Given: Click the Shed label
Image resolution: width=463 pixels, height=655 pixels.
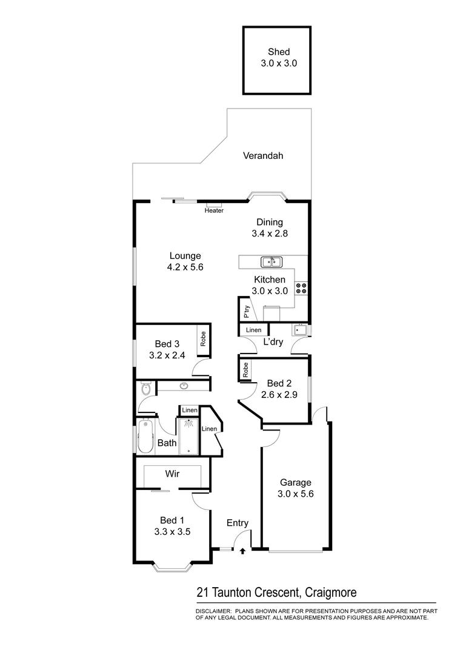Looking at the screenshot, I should coord(276,52).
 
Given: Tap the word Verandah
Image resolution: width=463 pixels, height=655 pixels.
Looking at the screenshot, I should coord(263,156).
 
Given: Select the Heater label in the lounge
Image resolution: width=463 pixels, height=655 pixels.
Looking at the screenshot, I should coord(214,210).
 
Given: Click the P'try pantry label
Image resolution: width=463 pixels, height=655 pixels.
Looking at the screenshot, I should coord(246,312).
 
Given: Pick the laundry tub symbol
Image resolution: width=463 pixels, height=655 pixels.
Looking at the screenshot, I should coord(300,331).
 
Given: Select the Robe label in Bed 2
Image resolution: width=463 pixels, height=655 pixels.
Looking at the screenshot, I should coord(245,370).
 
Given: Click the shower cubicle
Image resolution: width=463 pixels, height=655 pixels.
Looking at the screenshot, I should coord(190,436).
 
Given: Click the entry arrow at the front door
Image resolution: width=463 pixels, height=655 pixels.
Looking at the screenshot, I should coord(243,551).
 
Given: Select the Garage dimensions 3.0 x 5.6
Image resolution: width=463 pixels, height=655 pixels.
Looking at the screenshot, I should coord(295,493).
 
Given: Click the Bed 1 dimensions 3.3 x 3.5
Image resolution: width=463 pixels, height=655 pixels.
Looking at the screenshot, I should coord(172,532).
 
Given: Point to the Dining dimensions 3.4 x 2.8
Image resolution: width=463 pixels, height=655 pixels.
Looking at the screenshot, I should coord(269,233).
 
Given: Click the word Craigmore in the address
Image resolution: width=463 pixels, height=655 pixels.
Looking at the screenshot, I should coord(331,593).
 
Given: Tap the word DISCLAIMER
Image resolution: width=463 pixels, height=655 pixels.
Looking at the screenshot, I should coord(213,611).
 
